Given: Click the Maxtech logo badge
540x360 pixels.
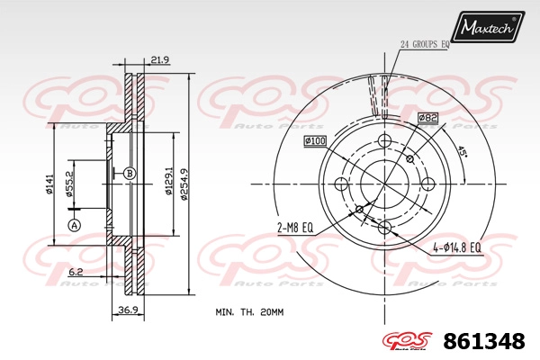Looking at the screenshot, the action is tap(488, 27).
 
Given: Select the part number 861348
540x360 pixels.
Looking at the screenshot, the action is tap(484, 341).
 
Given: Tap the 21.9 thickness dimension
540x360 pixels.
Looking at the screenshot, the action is tap(160, 59).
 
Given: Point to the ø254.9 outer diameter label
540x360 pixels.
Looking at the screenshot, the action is tap(184, 184).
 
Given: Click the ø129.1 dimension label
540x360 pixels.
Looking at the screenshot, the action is tap(168, 181).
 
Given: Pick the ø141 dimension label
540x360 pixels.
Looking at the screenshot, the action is tap(49, 184).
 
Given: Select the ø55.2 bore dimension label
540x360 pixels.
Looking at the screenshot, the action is tap(69, 184).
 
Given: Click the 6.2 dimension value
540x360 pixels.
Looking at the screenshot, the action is tap(76, 272).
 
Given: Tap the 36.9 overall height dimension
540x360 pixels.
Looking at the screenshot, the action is tap(128, 310).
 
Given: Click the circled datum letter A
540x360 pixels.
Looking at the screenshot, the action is tap(75, 225).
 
